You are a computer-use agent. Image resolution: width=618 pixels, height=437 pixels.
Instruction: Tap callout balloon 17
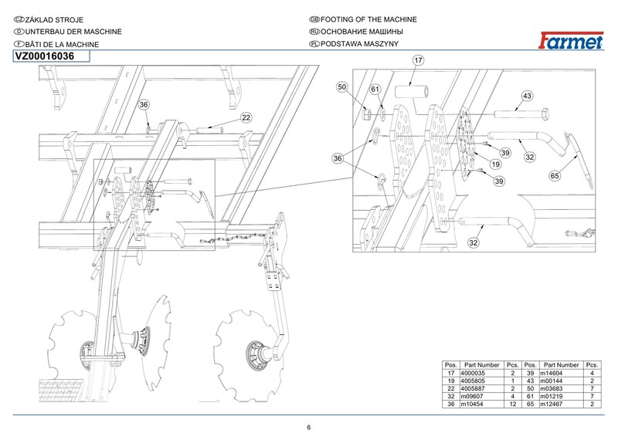[418, 59]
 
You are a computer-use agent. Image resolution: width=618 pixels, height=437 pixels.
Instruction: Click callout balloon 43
[528, 96]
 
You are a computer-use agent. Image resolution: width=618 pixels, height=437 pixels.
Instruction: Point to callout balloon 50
[343, 89]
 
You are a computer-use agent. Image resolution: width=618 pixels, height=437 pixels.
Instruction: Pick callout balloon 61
[376, 90]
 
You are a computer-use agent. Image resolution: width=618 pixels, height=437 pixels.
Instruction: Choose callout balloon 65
[554, 176]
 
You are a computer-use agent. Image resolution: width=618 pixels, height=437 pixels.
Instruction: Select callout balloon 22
[246, 117]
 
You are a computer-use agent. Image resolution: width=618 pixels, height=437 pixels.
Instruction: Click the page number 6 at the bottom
[308, 429]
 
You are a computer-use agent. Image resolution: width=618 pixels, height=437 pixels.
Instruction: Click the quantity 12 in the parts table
[511, 402]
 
